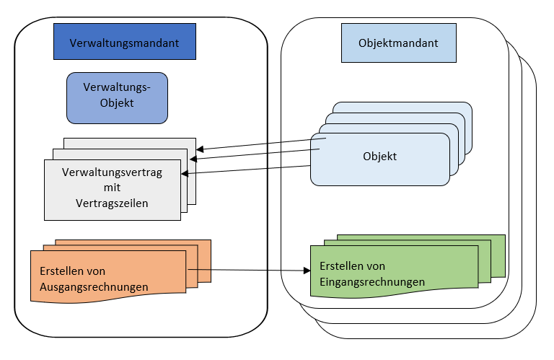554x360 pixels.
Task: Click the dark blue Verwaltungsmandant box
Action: [x=125, y=42]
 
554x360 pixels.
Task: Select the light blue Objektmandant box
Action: [x=398, y=43]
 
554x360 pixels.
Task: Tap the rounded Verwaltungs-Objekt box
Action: [x=116, y=95]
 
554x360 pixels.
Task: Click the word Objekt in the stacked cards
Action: [x=380, y=156]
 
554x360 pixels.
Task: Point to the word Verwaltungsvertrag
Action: [x=112, y=172]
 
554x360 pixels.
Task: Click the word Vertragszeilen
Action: [x=112, y=203]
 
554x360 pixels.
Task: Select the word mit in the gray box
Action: [x=112, y=188]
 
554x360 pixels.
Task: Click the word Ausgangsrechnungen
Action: [x=89, y=286]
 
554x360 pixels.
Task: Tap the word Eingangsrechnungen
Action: [x=371, y=281]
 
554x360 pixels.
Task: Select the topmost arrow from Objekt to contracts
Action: [x=260, y=144]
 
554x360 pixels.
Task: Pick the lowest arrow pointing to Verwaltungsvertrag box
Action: [x=245, y=170]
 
